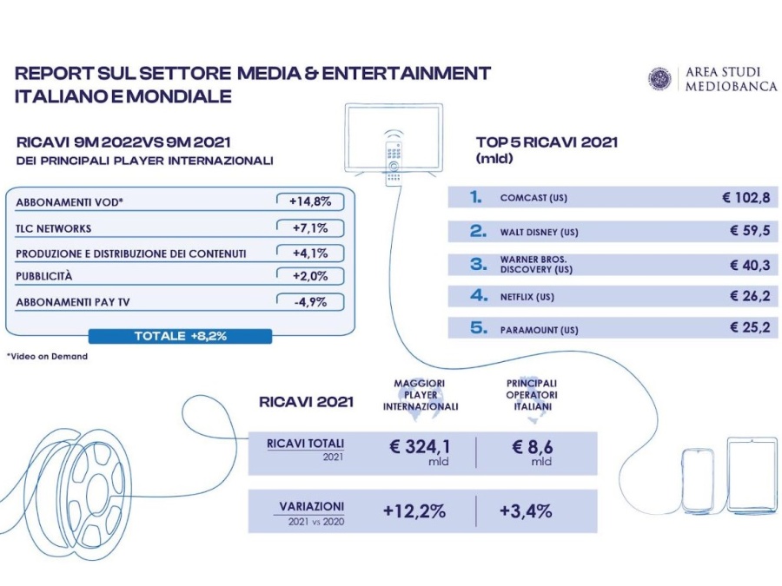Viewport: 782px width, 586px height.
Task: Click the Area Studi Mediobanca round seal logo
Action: pyautogui.click(x=659, y=79)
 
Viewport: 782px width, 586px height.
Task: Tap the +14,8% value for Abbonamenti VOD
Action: pyautogui.click(x=310, y=201)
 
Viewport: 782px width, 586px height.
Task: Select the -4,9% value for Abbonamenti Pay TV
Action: pyautogui.click(x=310, y=302)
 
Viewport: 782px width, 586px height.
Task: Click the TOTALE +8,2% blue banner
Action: pyautogui.click(x=180, y=336)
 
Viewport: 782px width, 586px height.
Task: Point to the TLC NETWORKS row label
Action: pyautogui.click(x=53, y=228)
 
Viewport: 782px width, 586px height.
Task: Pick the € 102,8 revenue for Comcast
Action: pyautogui.click(x=746, y=198)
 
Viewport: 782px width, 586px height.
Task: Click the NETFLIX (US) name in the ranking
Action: pyautogui.click(x=527, y=297)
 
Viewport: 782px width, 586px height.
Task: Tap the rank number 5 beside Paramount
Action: pyautogui.click(x=478, y=328)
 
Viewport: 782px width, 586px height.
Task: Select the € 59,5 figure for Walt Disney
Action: pyautogui.click(x=750, y=231)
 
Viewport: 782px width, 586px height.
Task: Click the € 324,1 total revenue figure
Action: pyautogui.click(x=421, y=446)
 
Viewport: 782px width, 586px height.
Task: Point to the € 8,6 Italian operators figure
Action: pyautogui.click(x=532, y=446)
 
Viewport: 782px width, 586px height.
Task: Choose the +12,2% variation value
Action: pyautogui.click(x=414, y=511)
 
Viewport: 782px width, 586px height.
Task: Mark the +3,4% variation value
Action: pyautogui.click(x=526, y=511)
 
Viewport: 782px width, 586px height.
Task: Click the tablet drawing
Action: pyautogui.click(x=752, y=474)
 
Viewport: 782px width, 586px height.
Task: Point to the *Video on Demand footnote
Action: pyautogui.click(x=48, y=356)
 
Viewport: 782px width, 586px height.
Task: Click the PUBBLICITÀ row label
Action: pyautogui.click(x=44, y=276)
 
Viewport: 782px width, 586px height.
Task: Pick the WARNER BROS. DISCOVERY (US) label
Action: pyautogui.click(x=536, y=265)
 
